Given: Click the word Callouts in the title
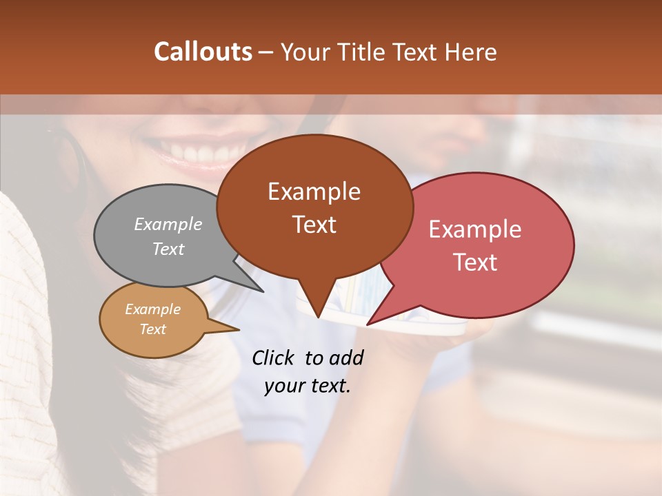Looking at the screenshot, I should click(203, 52).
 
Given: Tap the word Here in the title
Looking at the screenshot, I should click(471, 52).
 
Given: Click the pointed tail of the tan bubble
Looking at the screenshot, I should click(237, 329).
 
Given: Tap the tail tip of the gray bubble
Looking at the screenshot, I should click(262, 291).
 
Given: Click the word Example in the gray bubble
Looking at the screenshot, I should click(168, 225).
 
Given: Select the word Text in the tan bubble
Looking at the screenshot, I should click(153, 329).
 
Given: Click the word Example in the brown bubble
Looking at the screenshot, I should click(314, 192).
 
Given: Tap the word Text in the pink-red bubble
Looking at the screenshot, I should click(475, 262).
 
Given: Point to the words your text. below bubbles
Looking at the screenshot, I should click(308, 386).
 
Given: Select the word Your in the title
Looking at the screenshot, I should click(306, 52).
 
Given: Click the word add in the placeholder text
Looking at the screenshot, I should click(346, 358).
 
